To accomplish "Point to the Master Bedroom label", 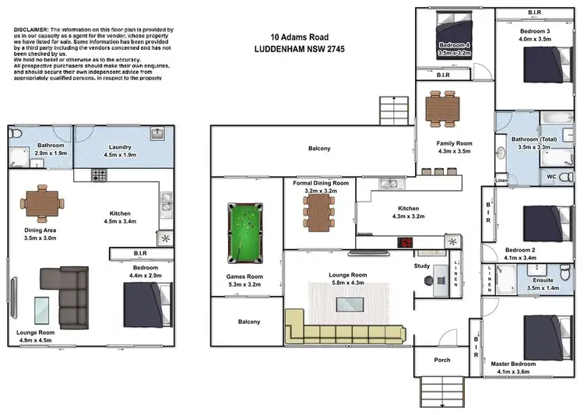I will (513, 364).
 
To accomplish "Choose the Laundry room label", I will (120, 146).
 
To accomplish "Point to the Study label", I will (421, 266).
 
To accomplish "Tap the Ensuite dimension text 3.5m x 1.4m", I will (534, 288).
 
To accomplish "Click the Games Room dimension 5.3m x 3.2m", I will (245, 285).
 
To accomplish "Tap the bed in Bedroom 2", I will (543, 225).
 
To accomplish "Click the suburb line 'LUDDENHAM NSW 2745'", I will (301, 49).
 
